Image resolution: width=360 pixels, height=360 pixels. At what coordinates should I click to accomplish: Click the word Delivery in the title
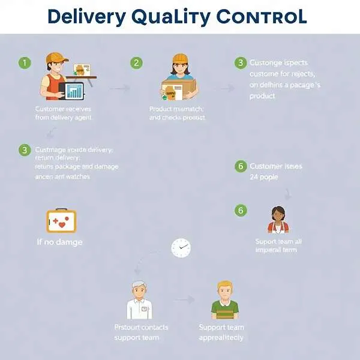pyautogui.click(x=86, y=16)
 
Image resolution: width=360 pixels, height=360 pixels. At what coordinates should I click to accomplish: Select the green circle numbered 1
pyautogui.click(x=24, y=62)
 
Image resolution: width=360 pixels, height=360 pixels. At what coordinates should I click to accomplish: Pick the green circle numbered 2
pyautogui.click(x=137, y=62)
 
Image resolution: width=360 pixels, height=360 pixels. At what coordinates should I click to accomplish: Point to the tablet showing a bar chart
pyautogui.click(x=74, y=91)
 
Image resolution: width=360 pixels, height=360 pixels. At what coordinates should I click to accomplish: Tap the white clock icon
pyautogui.click(x=181, y=247)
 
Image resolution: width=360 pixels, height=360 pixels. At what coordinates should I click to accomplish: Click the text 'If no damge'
pyautogui.click(x=59, y=242)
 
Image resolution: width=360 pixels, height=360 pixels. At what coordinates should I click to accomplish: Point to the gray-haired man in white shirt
pyautogui.click(x=139, y=300)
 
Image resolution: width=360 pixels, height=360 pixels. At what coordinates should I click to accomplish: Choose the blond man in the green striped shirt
pyautogui.click(x=224, y=300)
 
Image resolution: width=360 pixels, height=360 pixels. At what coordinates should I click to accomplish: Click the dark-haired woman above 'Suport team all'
pyautogui.click(x=278, y=220)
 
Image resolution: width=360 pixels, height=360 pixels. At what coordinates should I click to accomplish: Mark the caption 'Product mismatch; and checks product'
pyautogui.click(x=177, y=113)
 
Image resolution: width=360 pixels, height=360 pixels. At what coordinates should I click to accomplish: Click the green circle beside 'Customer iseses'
pyautogui.click(x=241, y=166)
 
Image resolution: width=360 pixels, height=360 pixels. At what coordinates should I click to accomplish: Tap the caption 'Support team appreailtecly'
pyautogui.click(x=221, y=332)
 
